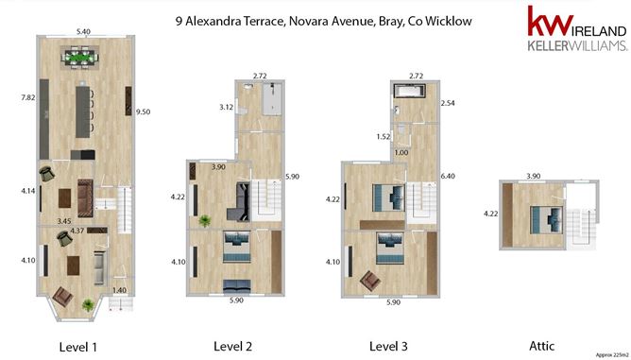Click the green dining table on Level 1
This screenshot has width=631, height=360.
[79, 58]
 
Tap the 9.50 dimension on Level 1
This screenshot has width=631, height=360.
[143, 111]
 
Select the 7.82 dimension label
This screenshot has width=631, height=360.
[27, 97]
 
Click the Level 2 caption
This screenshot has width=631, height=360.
[232, 347]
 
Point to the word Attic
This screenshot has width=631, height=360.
[541, 346]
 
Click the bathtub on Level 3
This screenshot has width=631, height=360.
[410, 91]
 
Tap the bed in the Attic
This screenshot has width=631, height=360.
[546, 220]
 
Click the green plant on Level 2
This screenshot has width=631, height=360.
[205, 221]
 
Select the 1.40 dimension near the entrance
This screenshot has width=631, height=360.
[119, 290]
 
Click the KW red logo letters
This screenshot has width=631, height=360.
[550, 21]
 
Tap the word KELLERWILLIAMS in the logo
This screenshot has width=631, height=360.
[577, 45]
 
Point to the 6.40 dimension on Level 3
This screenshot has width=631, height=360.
[448, 176]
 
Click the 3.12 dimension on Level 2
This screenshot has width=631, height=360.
[226, 107]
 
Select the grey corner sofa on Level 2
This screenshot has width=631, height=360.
[239, 202]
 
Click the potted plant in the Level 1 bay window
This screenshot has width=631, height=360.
[88, 305]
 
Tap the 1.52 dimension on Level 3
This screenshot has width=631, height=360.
[384, 136]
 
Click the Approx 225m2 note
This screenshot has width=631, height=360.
[611, 355]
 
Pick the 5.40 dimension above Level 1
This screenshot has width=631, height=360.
[83, 31]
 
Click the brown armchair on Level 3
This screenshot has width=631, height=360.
[371, 281]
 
